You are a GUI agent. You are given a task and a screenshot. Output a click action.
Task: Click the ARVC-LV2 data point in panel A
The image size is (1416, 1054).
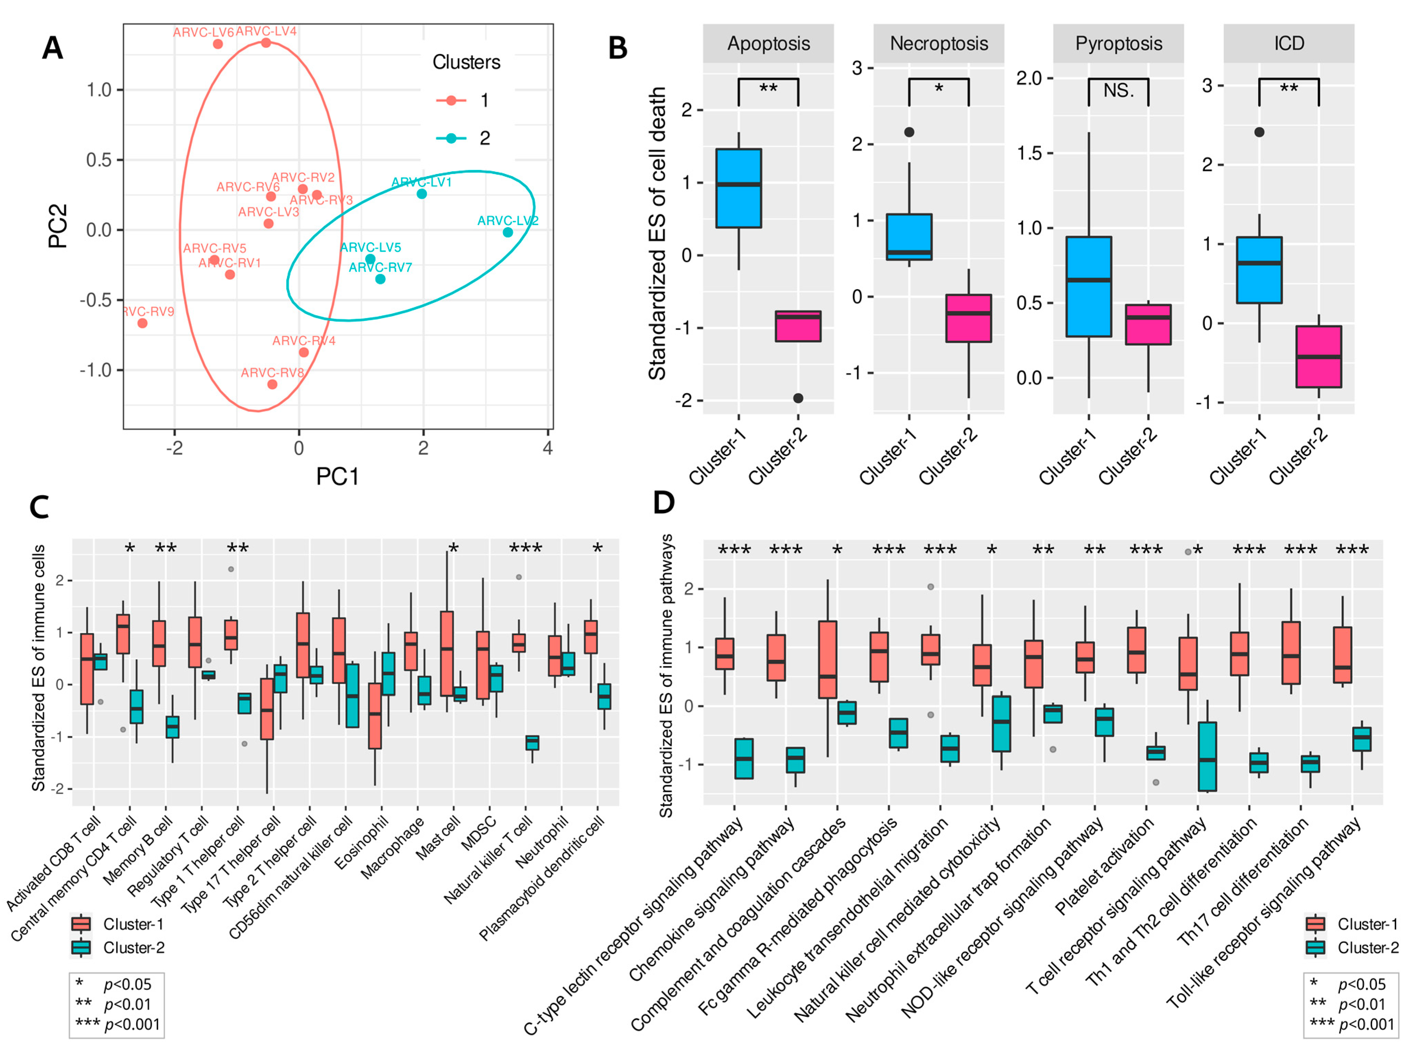point(507,232)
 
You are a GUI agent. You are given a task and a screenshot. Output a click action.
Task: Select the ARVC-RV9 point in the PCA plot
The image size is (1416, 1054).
point(142,323)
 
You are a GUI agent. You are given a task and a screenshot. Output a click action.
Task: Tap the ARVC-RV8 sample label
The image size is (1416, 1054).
point(272,373)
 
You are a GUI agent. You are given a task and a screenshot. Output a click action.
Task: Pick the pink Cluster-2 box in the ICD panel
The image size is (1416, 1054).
point(1318,357)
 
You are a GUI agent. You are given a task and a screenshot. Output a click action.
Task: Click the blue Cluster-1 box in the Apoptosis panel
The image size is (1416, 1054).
point(738,188)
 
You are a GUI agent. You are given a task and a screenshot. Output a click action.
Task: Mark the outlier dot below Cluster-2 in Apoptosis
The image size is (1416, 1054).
point(798,398)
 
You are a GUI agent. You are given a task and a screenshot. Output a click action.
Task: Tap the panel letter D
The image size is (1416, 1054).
point(664,503)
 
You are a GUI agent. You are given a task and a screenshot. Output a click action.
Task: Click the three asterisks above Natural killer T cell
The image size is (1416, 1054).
point(525,549)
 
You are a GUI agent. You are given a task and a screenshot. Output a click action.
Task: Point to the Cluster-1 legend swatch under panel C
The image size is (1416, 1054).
point(81,924)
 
